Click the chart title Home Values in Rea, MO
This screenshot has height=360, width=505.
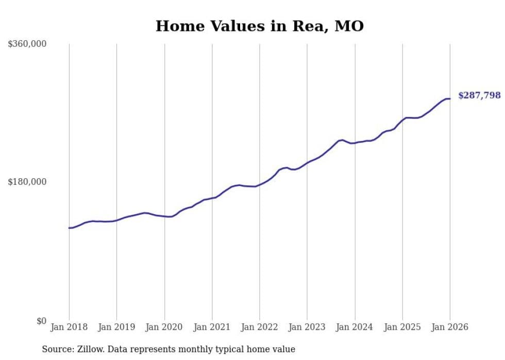click(x=260, y=26)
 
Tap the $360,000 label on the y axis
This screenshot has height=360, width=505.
click(x=27, y=44)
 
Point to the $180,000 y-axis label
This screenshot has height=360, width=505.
click(x=27, y=182)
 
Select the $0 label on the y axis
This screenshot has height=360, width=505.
click(x=41, y=321)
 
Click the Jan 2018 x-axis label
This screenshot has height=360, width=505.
click(x=69, y=327)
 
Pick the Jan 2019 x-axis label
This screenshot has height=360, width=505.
click(x=116, y=327)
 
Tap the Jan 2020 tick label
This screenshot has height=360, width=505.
click(x=164, y=327)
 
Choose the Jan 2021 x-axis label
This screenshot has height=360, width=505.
click(x=212, y=327)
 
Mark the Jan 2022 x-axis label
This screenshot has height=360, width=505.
click(x=260, y=327)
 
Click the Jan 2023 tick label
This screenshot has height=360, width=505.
click(x=307, y=327)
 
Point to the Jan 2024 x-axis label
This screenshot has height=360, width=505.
click(x=355, y=327)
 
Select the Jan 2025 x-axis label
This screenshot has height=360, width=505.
click(x=402, y=327)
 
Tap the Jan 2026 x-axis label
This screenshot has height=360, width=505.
click(x=450, y=327)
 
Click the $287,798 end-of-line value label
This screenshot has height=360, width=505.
click(x=479, y=95)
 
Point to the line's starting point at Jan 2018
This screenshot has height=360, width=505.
click(x=69, y=228)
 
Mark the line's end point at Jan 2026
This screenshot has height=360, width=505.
click(x=450, y=98)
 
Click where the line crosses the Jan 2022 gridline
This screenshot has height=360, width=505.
click(x=260, y=184)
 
